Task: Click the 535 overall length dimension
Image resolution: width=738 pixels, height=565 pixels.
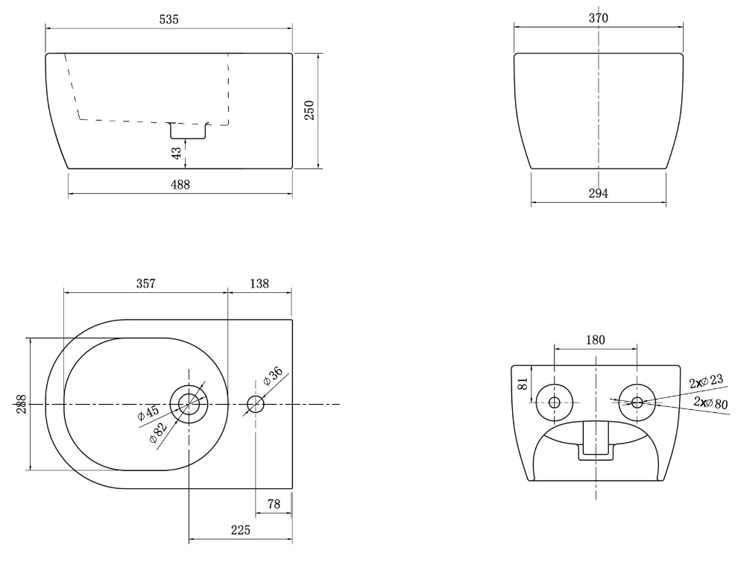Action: pos(169,20)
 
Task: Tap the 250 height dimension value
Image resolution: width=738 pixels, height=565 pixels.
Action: pos(310,110)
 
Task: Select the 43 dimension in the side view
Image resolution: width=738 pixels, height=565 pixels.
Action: pos(176,152)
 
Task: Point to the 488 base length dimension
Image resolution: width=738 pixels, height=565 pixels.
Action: pos(180,185)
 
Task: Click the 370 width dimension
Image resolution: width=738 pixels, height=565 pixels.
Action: pos(598,18)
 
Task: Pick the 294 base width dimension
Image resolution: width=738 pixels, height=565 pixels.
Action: pos(598,193)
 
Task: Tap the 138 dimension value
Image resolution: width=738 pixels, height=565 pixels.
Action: pos(259,283)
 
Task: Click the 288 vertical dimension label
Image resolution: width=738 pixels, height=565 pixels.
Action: pos(20,404)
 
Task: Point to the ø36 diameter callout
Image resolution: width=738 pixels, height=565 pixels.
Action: pos(271,376)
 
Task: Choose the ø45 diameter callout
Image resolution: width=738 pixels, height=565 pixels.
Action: pos(148,414)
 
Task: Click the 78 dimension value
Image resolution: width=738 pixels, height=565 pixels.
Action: pos(274,505)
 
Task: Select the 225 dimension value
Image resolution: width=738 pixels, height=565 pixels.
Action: pos(240,530)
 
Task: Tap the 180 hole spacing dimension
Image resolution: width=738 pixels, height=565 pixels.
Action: pos(595,340)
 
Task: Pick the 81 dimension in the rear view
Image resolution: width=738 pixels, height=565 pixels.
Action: pos(523,384)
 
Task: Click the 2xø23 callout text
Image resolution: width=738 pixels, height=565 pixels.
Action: pos(707,382)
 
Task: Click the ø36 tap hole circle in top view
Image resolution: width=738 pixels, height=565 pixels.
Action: pos(255,405)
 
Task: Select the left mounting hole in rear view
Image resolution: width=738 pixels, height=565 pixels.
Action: pos(554,403)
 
